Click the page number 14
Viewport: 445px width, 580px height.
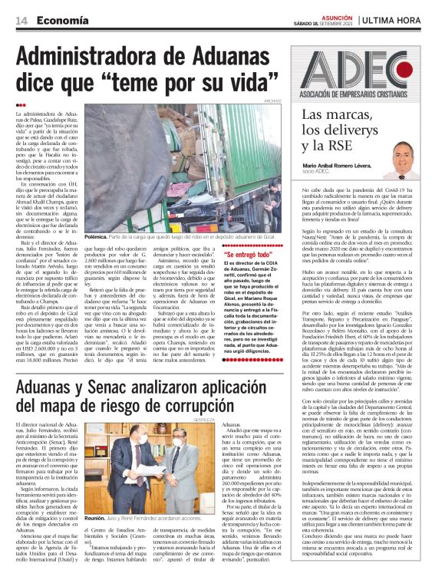(x=21, y=21)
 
